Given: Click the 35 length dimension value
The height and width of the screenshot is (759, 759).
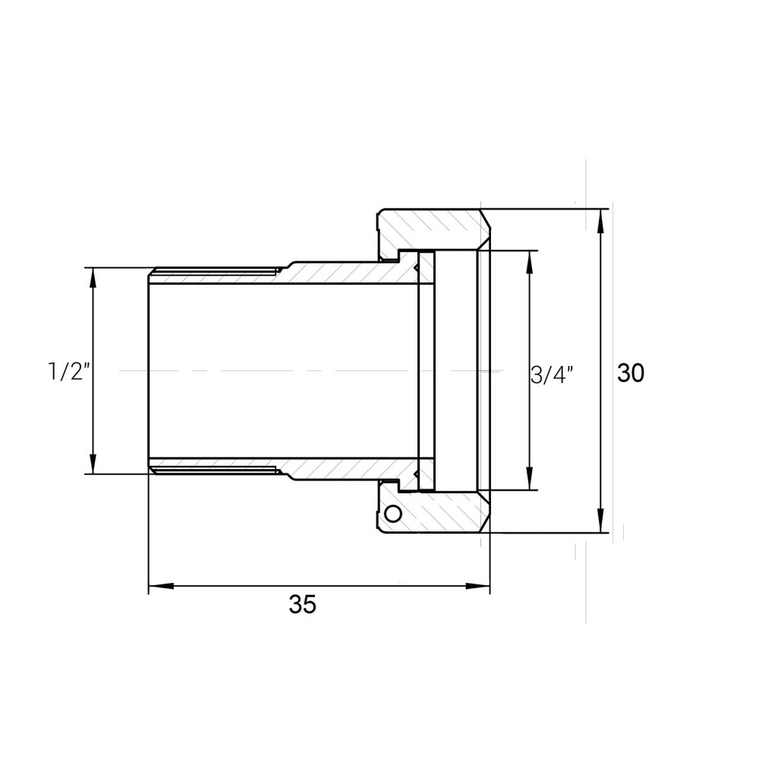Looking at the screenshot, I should (301, 605).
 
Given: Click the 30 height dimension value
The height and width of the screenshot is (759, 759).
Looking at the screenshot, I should (630, 373).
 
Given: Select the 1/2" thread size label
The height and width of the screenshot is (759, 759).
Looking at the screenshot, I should (69, 372).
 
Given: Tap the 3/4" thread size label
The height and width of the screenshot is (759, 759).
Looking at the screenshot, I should (552, 374).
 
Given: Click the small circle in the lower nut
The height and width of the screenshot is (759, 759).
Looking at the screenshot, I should (392, 514).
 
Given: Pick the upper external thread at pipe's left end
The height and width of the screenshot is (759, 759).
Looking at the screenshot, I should (213, 270).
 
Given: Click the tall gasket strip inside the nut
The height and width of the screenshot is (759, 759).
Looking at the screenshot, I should (427, 370).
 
